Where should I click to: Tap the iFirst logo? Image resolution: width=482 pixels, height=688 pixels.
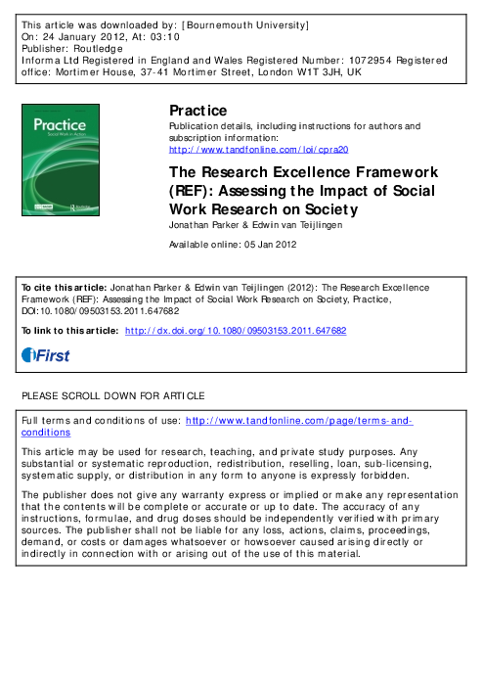(x=46, y=356)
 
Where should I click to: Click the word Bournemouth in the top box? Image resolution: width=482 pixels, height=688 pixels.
(x=233, y=21)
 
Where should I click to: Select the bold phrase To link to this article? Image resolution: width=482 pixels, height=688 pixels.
(x=69, y=332)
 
